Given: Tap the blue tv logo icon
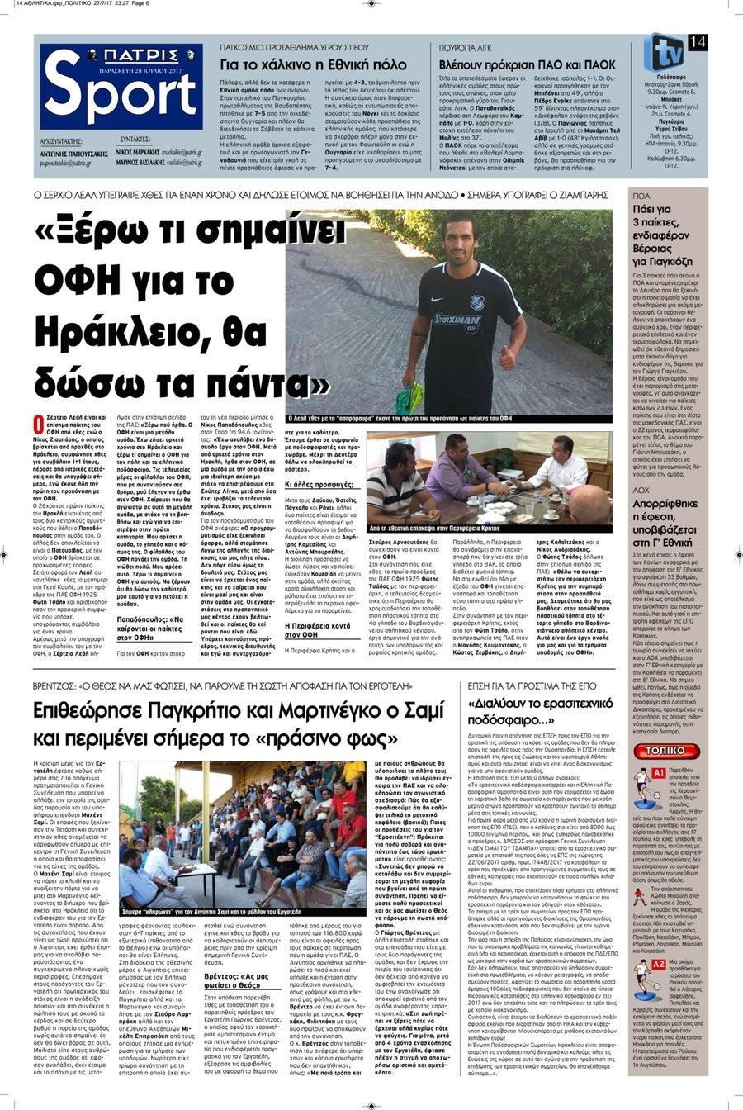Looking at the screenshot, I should click(663, 52).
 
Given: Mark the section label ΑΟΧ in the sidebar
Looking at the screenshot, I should click(641, 489).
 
